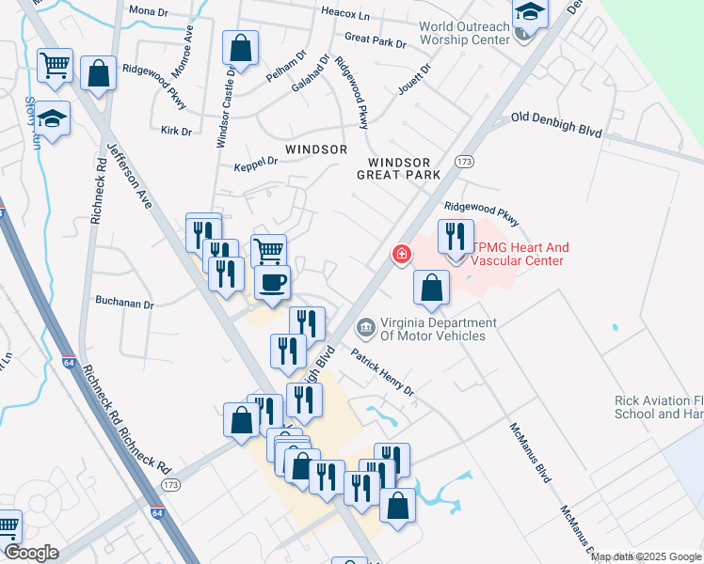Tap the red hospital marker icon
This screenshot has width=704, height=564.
click(x=401, y=254)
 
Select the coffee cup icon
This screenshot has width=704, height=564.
click(x=272, y=282)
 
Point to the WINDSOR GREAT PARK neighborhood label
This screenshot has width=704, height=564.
click(x=399, y=168)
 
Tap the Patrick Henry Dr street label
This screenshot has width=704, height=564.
click(x=383, y=371)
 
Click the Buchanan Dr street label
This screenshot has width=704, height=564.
click(x=123, y=304)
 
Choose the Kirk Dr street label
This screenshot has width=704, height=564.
click(x=176, y=131)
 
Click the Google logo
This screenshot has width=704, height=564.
click(x=31, y=553)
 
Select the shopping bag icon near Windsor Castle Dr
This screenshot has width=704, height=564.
click(x=241, y=48)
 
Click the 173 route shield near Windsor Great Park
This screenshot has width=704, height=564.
click(x=463, y=163)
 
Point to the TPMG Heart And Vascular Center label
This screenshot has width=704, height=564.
click(x=519, y=254)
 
